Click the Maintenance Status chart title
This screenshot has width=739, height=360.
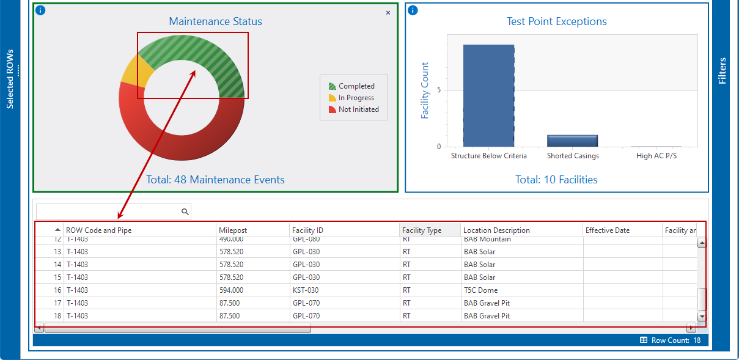tap(215, 21)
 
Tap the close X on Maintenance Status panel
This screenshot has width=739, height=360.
tap(388, 13)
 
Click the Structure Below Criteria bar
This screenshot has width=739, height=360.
tap(488, 95)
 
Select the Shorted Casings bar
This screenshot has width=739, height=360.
tap(572, 141)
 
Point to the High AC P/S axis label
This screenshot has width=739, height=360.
tap(656, 156)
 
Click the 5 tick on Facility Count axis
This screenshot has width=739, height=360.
tap(438, 90)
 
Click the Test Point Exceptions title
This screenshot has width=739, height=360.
tap(556, 21)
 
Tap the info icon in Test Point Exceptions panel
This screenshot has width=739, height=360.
tap(413, 10)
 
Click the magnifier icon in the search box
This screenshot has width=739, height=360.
tap(185, 211)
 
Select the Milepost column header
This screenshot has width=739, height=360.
tap(233, 230)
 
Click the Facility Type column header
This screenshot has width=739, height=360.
tap(422, 230)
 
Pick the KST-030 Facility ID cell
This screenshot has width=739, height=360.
tap(306, 290)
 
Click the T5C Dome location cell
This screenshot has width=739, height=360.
tap(480, 290)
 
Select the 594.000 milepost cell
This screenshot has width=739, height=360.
tap(231, 290)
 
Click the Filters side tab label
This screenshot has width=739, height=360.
tap(722, 71)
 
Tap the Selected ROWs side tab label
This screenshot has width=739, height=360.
tap(10, 79)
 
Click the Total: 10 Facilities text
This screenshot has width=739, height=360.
tap(556, 180)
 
